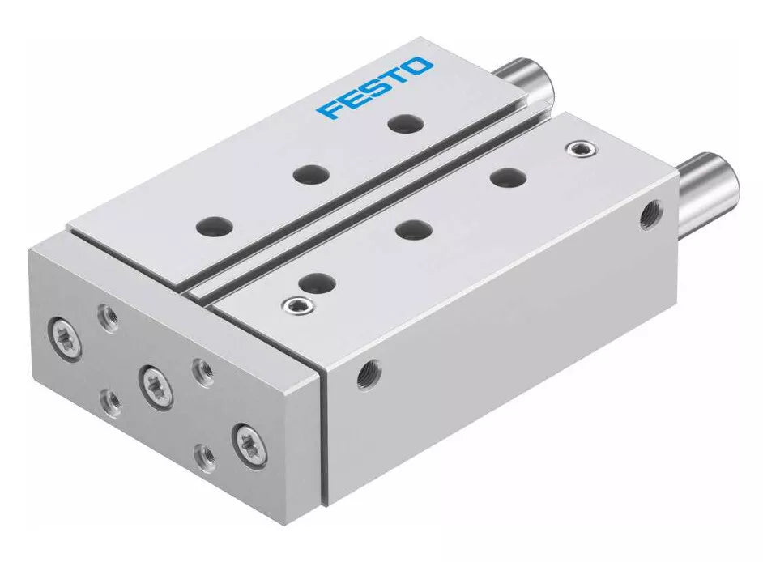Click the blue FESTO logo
(375, 87)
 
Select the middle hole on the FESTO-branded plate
(310, 174)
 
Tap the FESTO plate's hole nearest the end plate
(214, 226)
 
